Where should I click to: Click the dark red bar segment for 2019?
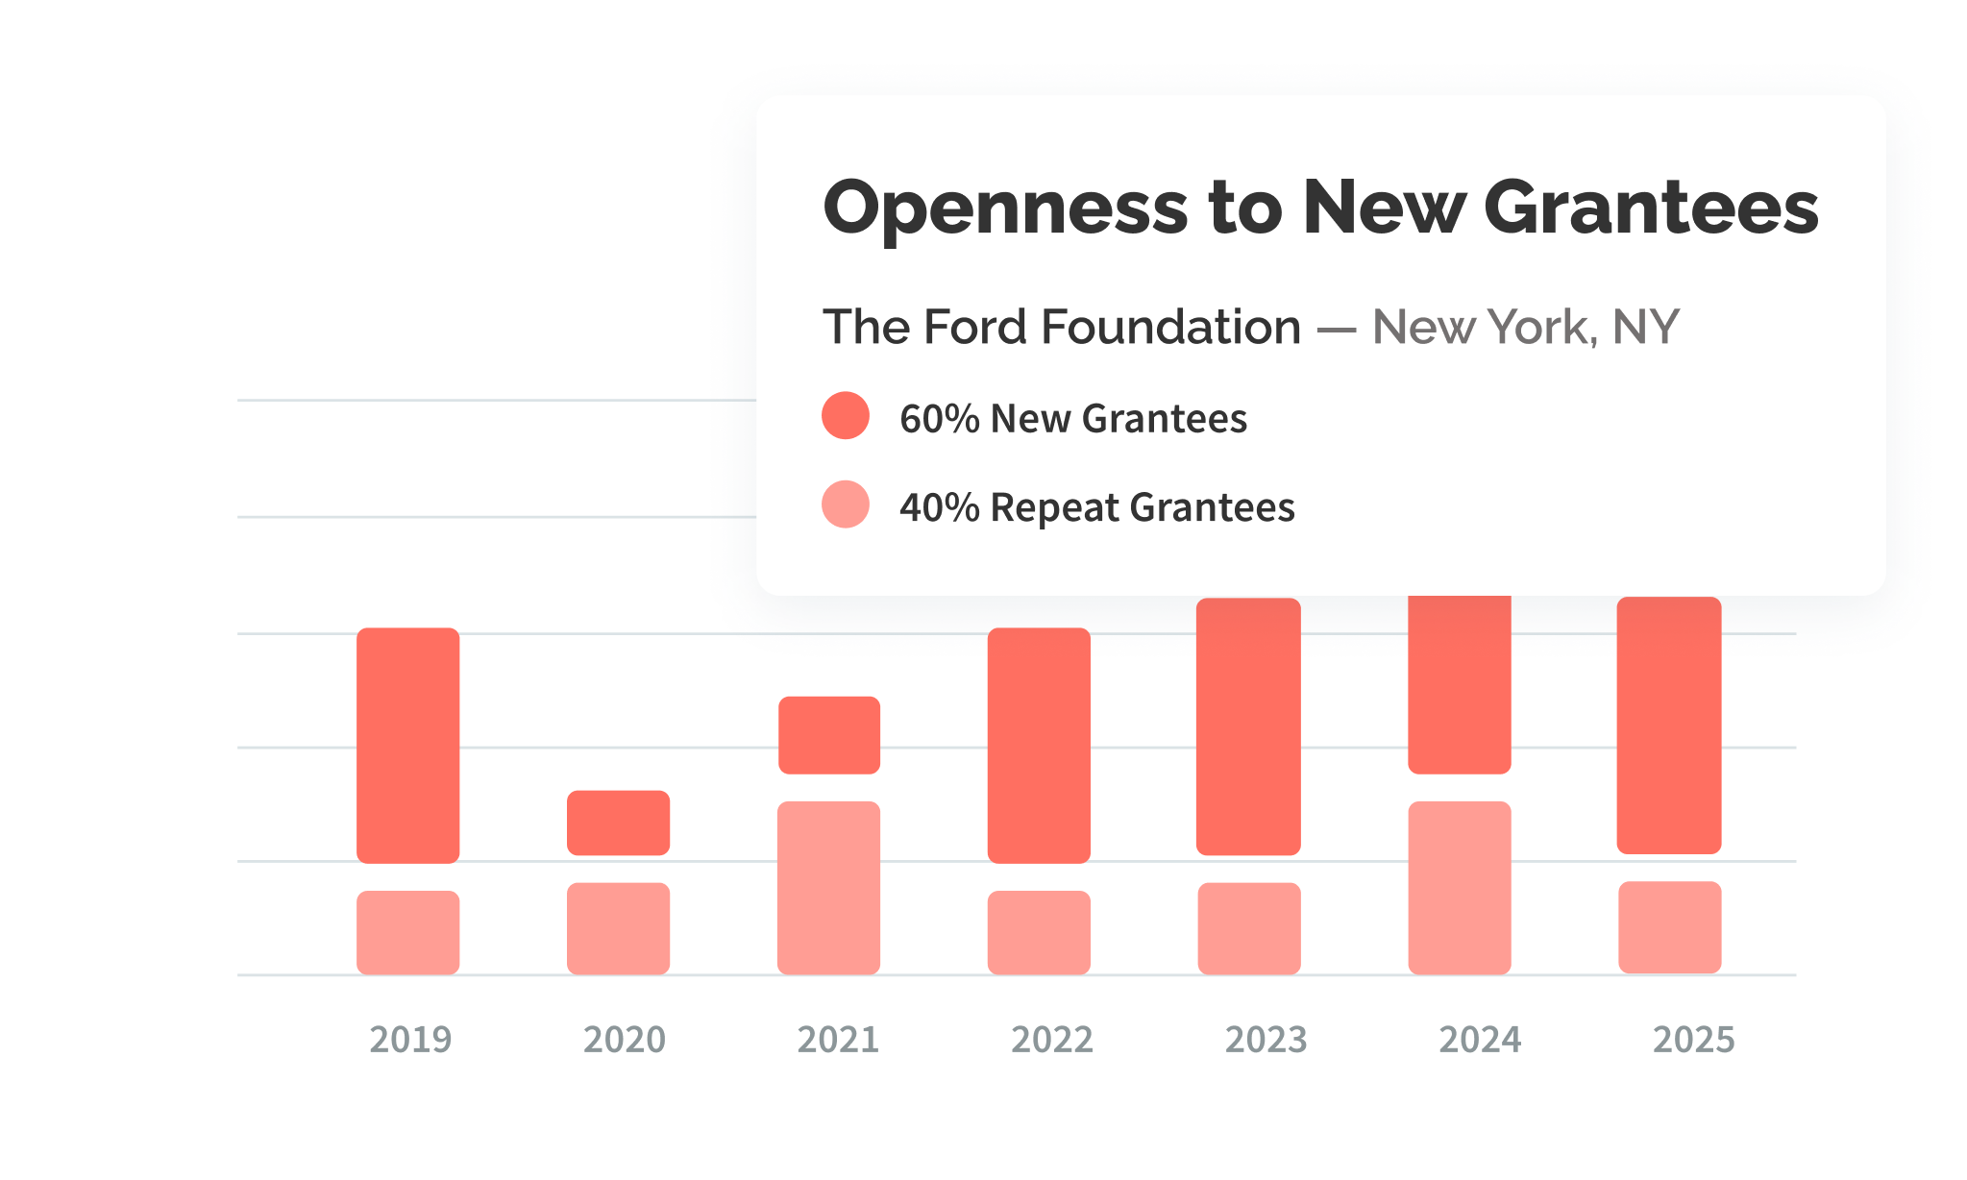click(x=407, y=745)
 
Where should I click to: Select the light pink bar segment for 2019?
click(x=407, y=932)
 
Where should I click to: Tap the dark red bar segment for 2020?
click(x=618, y=823)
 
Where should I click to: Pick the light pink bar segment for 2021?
click(x=828, y=887)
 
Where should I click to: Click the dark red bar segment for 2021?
click(x=828, y=735)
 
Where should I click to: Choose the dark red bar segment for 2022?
click(x=1039, y=745)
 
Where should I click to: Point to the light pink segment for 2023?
click(x=1248, y=928)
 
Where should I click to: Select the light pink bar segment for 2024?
click(x=1459, y=887)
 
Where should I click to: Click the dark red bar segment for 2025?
click(x=1669, y=725)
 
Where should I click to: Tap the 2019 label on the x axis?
click(x=410, y=1040)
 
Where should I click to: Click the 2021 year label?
click(x=838, y=1040)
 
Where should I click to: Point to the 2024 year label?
click(x=1480, y=1040)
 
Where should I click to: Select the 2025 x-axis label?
click(x=1693, y=1040)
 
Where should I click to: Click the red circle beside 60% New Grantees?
click(x=846, y=416)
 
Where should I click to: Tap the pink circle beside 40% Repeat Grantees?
click(x=846, y=504)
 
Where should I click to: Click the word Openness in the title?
click(x=1005, y=209)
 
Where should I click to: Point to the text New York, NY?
click(x=1525, y=327)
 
